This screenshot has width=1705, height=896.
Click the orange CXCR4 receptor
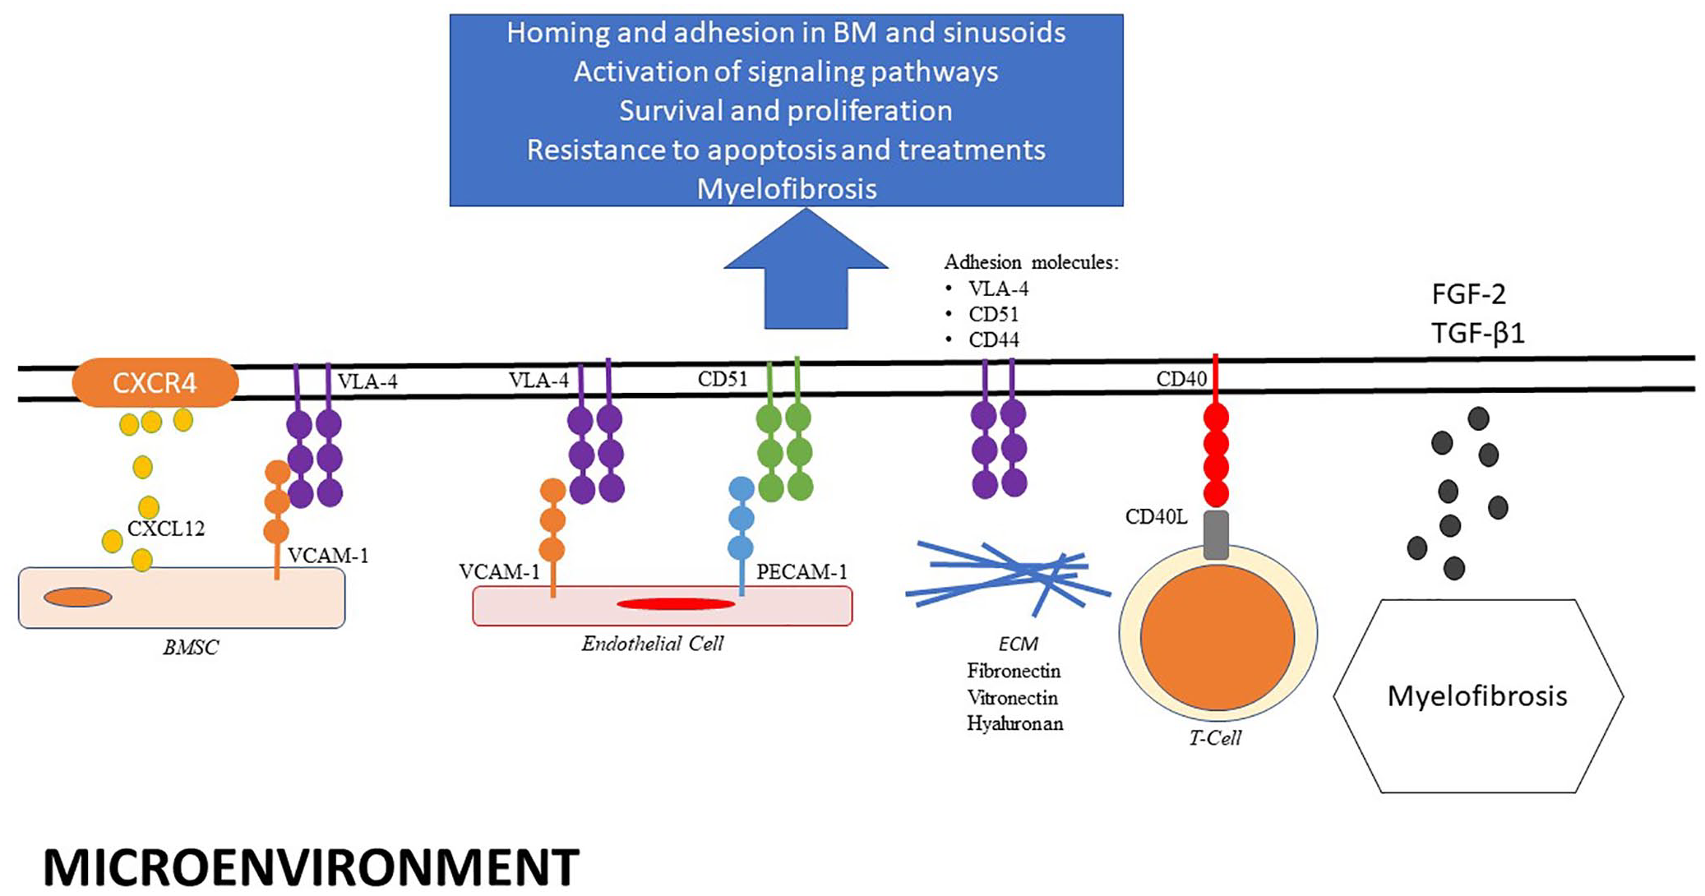point(155,382)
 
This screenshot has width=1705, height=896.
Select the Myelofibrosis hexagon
point(1478,696)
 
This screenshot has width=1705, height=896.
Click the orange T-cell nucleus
point(1218,637)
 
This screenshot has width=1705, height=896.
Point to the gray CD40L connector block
point(1216,535)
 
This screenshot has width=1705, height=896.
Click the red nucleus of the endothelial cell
point(676,604)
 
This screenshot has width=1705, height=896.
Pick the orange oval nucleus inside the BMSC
point(78,598)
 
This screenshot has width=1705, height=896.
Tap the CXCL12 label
point(166,529)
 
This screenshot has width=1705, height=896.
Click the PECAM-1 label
point(802,571)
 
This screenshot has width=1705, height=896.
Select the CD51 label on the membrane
point(723,379)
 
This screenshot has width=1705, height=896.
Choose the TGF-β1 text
point(1478,333)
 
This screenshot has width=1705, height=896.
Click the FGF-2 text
point(1469,293)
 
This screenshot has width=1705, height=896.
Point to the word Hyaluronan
point(1015,723)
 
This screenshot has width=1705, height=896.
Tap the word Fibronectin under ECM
point(1014,671)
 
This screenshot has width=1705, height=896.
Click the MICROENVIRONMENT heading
point(311,866)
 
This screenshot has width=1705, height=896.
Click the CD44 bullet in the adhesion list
point(994,339)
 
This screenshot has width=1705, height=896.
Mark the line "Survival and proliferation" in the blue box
point(786,110)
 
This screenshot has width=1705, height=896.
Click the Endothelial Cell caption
point(653,644)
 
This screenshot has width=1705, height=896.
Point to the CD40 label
point(1181,379)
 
